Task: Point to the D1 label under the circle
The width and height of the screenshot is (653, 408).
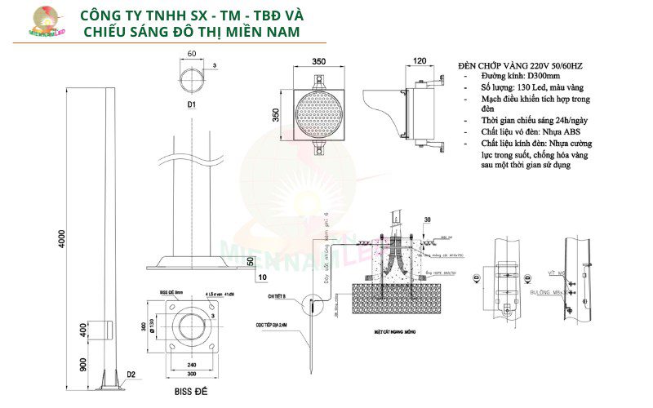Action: tap(190, 105)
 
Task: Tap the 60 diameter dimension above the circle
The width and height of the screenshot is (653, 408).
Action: tap(191, 53)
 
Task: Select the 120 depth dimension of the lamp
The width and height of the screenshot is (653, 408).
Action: tap(420, 61)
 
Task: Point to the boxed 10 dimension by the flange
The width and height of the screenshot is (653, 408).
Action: tap(261, 277)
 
